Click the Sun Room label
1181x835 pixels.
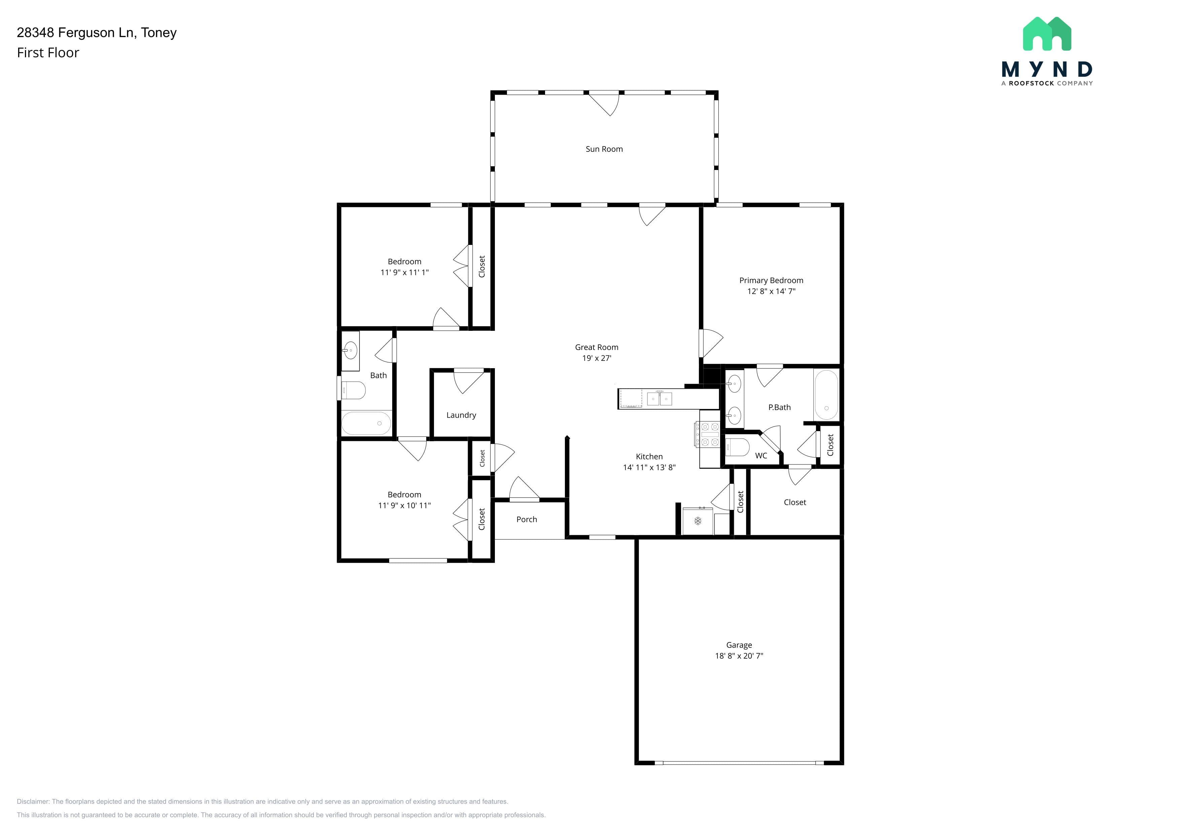point(604,149)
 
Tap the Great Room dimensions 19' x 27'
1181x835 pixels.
point(597,358)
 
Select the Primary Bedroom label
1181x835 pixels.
point(771,280)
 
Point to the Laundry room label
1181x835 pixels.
point(461,415)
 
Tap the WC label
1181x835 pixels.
point(761,456)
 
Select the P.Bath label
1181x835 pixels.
point(779,407)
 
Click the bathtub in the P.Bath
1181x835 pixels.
point(826,395)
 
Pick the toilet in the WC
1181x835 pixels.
point(737,447)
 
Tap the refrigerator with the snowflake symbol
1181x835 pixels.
point(698,521)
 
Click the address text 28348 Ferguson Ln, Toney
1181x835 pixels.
point(97,33)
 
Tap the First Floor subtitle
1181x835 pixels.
point(48,53)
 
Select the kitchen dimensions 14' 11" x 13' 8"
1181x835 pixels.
point(649,467)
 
